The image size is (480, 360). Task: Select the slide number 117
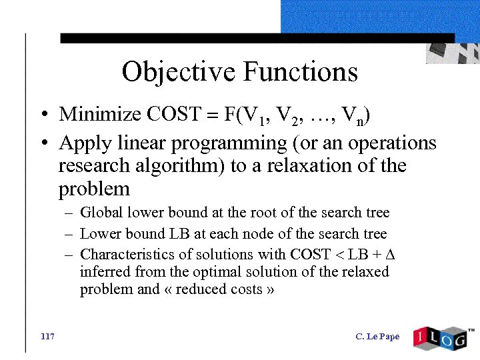[47, 336]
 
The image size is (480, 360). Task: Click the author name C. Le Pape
[378, 337]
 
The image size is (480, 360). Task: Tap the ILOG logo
[441, 337]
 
